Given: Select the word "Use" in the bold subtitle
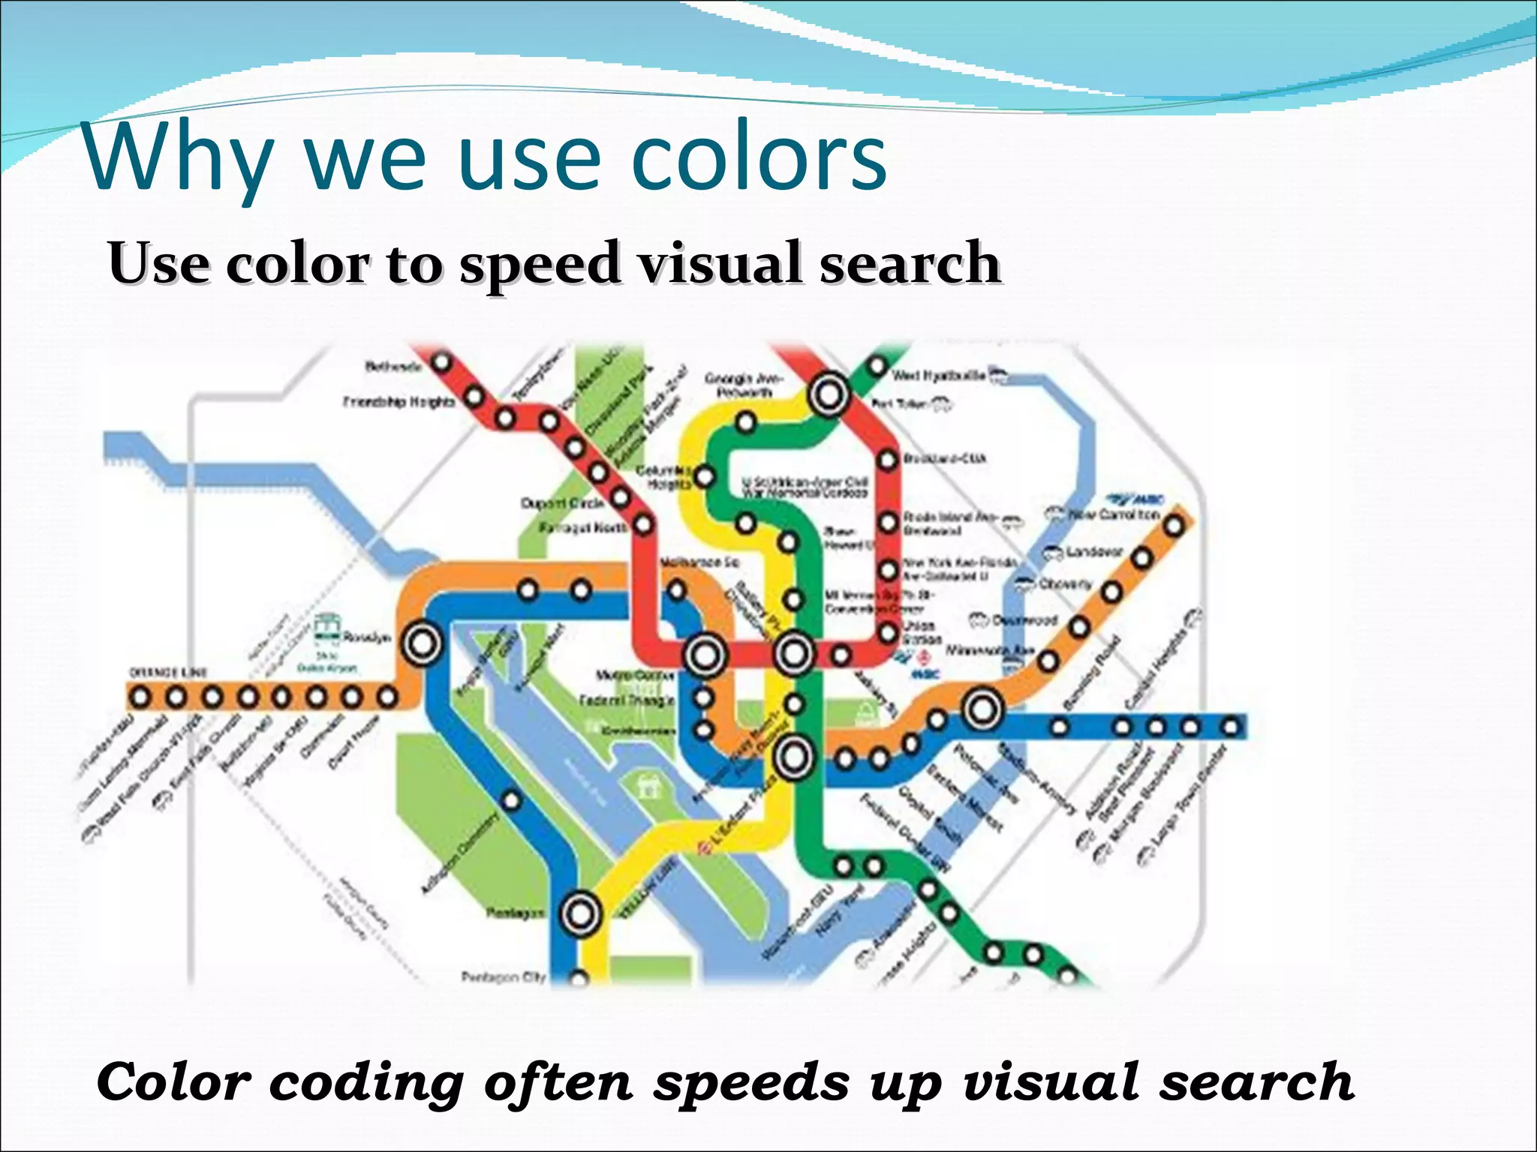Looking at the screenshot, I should [157, 263].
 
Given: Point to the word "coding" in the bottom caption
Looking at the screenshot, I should [367, 1082].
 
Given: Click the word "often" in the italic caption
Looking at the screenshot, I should [558, 1082].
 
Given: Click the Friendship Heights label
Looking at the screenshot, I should [399, 402].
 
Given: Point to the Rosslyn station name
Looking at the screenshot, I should [367, 637].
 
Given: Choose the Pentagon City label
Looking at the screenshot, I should [503, 977].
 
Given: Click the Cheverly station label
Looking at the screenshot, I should [1065, 583].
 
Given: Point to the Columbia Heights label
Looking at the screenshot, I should [663, 477].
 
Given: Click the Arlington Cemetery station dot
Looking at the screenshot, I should [511, 801].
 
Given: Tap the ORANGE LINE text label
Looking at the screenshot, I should [168, 672].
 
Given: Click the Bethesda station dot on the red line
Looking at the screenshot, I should [442, 363].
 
